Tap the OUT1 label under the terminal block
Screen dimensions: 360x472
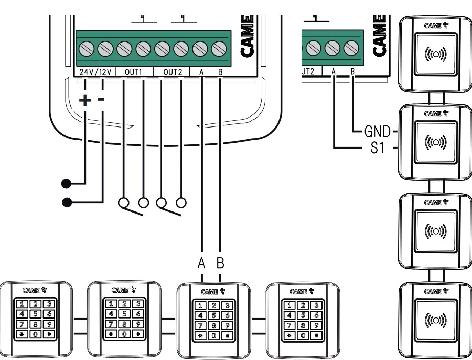point(134,72)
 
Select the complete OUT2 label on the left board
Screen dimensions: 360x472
point(173,72)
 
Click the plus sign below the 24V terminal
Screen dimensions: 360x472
point(85,100)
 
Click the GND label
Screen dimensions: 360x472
point(377,131)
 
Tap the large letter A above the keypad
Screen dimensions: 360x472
point(202,264)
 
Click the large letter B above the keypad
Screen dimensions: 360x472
point(221,264)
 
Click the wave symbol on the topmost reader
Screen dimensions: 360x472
point(435,53)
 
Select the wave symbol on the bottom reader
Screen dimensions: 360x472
point(435,321)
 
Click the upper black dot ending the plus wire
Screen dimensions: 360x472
point(66,182)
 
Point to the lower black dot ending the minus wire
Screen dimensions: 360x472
point(66,202)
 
